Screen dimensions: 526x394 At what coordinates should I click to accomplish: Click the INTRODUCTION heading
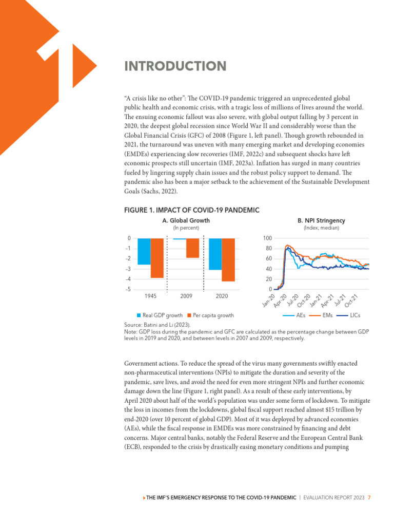[175, 66]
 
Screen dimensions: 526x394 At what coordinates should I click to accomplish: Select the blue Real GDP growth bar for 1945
[144, 252]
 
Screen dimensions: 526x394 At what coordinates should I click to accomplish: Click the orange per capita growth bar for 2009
[192, 248]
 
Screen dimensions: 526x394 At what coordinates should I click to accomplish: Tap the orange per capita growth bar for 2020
[228, 260]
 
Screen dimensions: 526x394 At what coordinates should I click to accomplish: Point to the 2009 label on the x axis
[186, 296]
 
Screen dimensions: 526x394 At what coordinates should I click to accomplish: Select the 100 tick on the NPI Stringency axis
[267, 238]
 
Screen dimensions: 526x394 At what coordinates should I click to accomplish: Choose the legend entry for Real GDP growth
[161, 315]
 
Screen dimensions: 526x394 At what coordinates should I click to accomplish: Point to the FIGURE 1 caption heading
[192, 210]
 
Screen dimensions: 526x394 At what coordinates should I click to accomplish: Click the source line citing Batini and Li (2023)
[157, 325]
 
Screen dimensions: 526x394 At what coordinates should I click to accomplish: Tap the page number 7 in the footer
[369, 497]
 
